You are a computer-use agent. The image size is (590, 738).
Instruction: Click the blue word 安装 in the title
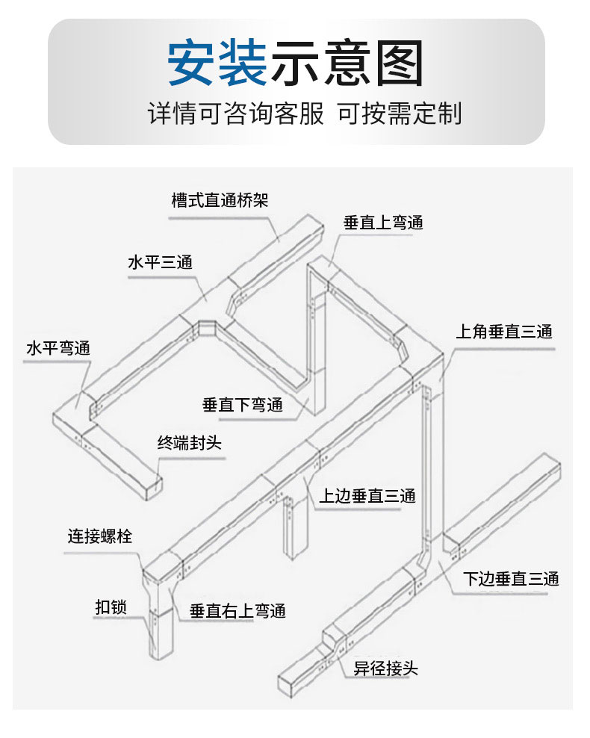217,62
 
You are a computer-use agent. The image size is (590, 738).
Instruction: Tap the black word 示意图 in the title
347,62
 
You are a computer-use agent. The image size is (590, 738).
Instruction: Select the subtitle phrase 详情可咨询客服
236,114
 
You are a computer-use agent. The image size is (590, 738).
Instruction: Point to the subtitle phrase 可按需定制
400,114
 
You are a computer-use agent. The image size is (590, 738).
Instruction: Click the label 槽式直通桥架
220,200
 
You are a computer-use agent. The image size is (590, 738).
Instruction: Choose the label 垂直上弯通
383,223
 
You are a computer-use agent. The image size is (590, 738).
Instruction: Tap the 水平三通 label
161,262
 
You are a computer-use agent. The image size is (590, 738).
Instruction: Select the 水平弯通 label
58,348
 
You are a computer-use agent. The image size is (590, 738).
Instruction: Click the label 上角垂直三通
504,332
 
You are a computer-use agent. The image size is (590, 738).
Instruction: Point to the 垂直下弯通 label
243,404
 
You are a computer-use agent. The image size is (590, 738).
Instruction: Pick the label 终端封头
189,443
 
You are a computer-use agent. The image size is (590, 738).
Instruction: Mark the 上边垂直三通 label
367,495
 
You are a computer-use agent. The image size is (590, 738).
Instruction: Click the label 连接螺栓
100,536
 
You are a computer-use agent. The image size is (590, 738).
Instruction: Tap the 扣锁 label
111,607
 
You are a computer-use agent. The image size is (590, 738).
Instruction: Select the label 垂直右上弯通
237,611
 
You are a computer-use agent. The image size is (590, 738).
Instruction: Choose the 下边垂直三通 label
511,578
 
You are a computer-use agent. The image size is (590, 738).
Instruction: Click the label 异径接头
386,668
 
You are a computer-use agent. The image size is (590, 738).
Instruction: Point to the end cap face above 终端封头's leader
152,488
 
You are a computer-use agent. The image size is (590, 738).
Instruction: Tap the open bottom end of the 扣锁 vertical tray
161,654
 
